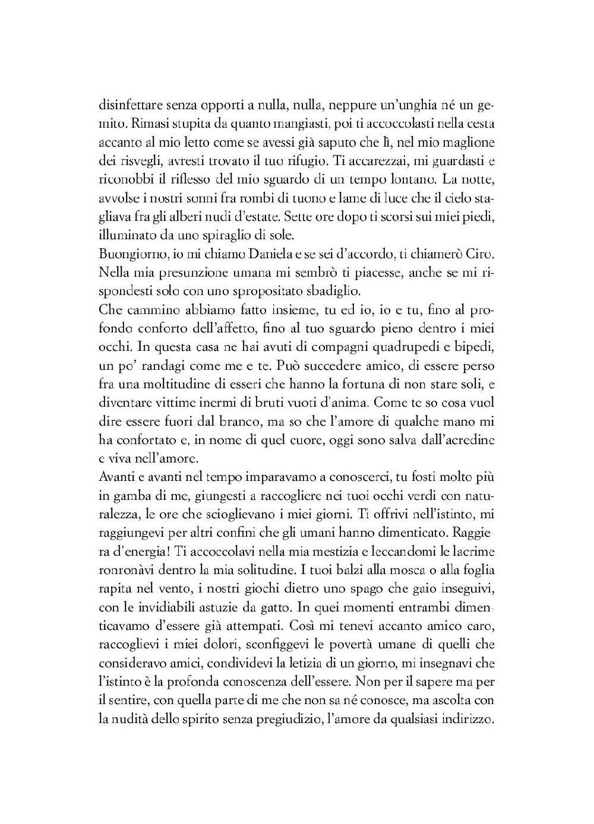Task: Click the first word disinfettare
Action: point(127,106)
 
